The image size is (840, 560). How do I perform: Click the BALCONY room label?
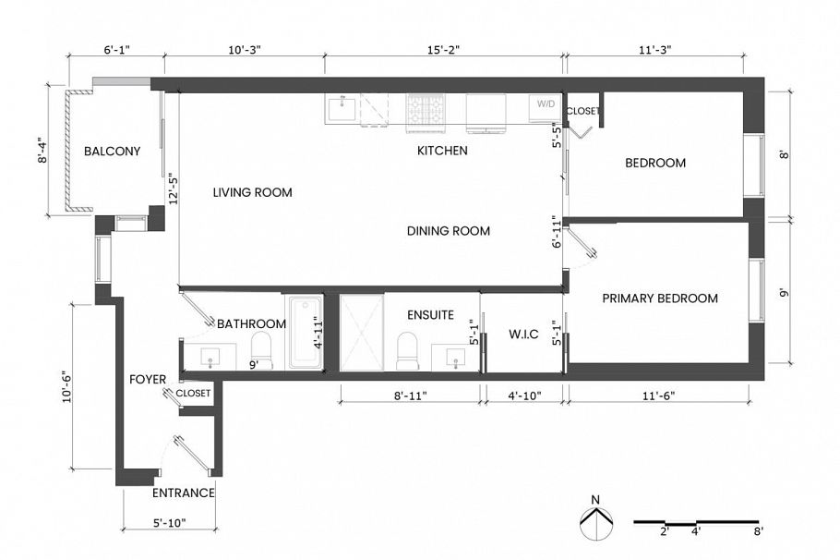click(112, 152)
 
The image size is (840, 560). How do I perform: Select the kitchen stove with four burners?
click(426, 111)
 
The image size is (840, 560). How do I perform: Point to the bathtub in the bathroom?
click(304, 333)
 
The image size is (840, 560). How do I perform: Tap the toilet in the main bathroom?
click(261, 348)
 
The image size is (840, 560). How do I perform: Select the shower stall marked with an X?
click(361, 333)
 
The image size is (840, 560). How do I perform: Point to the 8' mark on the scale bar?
click(757, 531)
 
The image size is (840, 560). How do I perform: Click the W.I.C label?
click(523, 334)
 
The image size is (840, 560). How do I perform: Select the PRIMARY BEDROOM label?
click(659, 298)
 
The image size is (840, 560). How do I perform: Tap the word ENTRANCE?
click(184, 493)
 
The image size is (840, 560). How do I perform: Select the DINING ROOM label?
click(448, 231)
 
